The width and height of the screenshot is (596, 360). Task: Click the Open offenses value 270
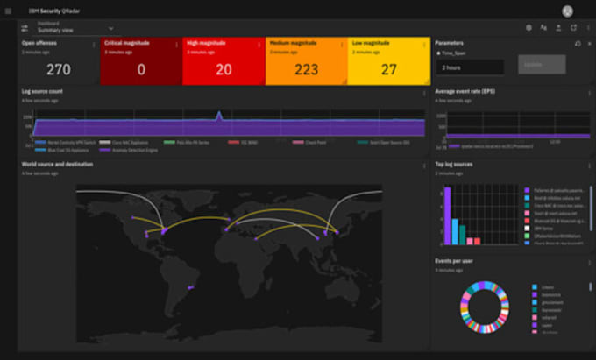point(59,70)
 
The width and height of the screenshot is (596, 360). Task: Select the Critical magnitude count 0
point(141,70)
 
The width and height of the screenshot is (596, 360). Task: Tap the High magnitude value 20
point(223,70)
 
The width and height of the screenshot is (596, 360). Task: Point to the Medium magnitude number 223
point(306,70)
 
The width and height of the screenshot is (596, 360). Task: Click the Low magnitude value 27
point(389,70)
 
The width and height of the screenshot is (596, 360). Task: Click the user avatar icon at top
point(568,11)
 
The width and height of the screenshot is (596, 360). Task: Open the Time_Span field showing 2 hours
point(470,67)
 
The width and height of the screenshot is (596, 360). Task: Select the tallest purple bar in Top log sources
point(447,215)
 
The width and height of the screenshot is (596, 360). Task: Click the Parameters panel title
point(450,42)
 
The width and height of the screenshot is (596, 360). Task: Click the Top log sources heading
point(454,164)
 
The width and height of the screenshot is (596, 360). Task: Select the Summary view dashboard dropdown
point(74,28)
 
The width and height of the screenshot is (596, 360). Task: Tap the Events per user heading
point(454,261)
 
